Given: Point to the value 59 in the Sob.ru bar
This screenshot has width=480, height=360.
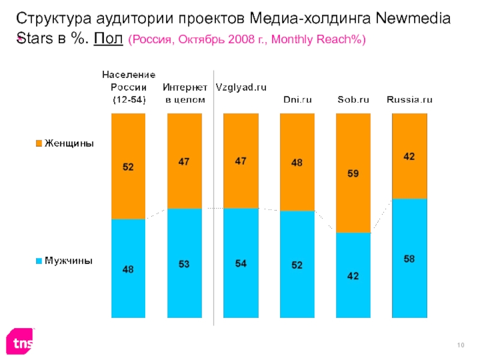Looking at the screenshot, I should coord(353,175).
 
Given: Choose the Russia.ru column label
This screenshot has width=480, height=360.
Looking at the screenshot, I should coord(409,100).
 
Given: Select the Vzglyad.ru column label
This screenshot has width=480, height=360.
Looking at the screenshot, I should coord(241,88).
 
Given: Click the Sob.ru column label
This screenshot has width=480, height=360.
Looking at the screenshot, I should coord(353,100).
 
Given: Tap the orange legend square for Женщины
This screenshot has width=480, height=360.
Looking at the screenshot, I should coord(39,144).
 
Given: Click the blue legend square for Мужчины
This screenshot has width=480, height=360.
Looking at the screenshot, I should coord(39,261).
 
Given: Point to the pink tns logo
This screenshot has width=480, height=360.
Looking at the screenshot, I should coord(20,343).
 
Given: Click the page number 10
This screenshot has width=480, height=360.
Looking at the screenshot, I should coord(461,344).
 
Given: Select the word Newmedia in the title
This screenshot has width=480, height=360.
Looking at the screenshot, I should coord(413,19).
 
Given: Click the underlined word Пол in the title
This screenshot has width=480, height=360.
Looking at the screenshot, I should coord(109,40).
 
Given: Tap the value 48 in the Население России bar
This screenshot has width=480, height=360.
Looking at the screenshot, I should coord(128,270).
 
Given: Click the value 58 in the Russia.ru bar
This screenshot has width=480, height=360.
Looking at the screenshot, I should coord(409,259).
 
